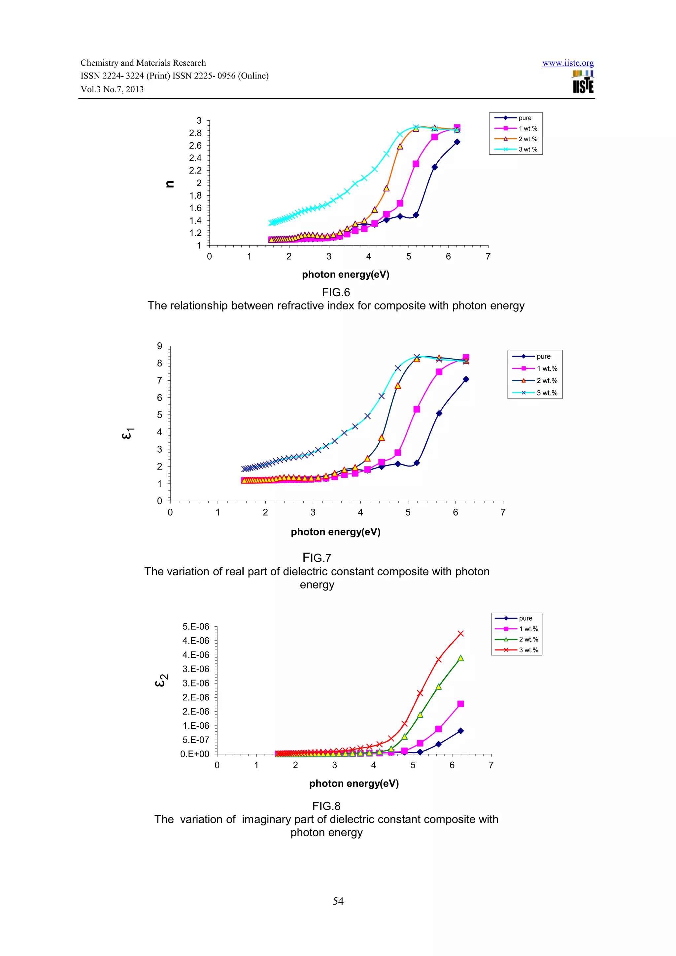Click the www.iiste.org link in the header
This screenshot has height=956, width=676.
568,63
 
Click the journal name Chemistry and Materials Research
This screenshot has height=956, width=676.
143,63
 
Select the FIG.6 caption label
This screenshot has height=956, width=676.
336,292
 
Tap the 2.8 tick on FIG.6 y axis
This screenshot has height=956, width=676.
195,133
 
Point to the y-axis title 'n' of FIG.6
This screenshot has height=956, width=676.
170,184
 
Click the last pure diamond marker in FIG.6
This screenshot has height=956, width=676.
457,142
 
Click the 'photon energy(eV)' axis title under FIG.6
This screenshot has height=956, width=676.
345,274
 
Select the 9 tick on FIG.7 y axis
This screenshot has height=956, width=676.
159,346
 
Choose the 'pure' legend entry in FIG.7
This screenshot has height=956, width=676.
543,356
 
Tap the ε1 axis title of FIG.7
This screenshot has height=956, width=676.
127,433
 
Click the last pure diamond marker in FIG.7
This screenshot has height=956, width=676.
466,379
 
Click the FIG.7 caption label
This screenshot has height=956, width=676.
317,558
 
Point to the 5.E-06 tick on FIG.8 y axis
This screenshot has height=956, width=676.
196,627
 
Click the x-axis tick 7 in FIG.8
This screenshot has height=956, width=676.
491,765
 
